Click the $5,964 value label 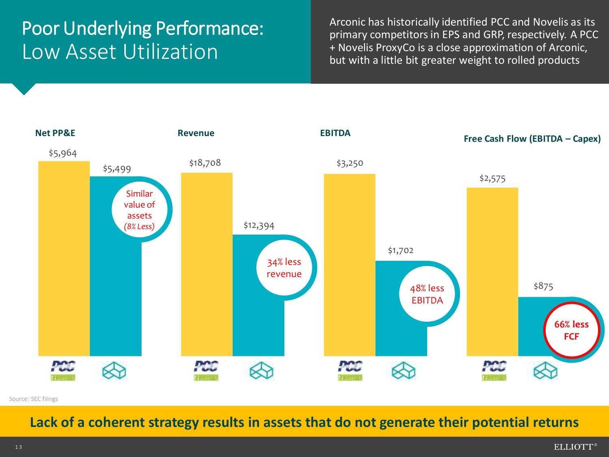click(x=63, y=153)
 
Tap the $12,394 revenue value click(x=259, y=225)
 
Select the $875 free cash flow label click(x=543, y=286)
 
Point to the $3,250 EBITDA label click(x=350, y=163)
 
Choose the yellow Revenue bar click(x=207, y=264)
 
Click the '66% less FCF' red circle click(x=571, y=330)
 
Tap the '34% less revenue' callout click(x=284, y=268)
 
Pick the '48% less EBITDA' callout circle click(x=427, y=294)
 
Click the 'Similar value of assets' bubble click(x=140, y=210)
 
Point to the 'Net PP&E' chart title click(x=55, y=133)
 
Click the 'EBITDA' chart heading click(x=335, y=133)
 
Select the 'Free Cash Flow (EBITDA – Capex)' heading click(x=532, y=139)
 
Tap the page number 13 click(x=19, y=447)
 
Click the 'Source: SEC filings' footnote click(x=33, y=399)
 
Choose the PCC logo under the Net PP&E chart click(x=63, y=366)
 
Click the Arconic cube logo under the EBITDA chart click(x=403, y=371)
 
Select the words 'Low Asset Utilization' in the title click(x=120, y=52)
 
